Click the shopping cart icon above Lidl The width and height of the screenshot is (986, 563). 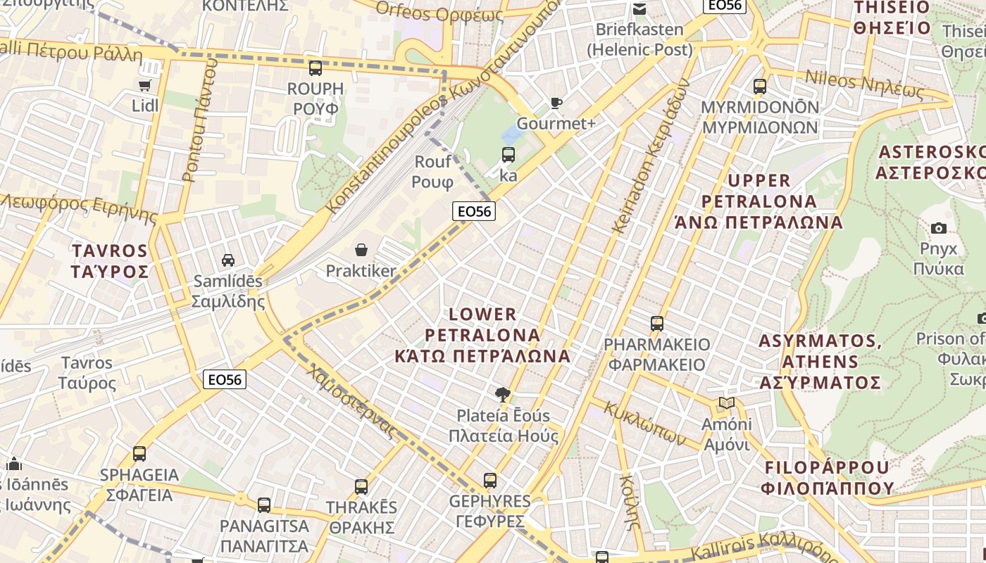[x=145, y=85]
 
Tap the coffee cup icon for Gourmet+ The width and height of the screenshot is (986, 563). [x=556, y=103]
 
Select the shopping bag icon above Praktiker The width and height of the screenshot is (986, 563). [x=361, y=250]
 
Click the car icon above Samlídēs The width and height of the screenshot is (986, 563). [x=228, y=260]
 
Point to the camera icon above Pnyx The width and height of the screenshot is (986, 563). [x=938, y=228]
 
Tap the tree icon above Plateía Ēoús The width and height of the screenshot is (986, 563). [x=502, y=394]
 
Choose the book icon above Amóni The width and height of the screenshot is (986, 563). [x=727, y=403]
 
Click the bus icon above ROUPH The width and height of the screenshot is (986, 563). [x=316, y=68]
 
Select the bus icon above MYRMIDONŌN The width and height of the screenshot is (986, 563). [x=760, y=87]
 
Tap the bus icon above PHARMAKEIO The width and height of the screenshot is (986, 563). [x=657, y=324]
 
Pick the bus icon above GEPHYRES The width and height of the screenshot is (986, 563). [x=490, y=481]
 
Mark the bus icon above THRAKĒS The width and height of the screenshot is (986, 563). [x=361, y=486]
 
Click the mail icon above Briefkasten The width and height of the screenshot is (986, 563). [x=639, y=9]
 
